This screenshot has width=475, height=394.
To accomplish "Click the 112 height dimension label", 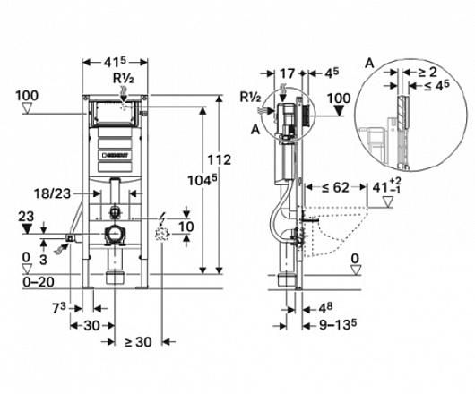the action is [219, 159].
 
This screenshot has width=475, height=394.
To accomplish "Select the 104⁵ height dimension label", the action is [203, 181].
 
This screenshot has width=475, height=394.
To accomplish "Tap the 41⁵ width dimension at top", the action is [115, 62].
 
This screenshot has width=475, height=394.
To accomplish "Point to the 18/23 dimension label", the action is [52, 193].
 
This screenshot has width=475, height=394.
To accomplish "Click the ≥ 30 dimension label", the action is [138, 342].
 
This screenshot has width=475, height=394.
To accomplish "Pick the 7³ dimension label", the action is [59, 308].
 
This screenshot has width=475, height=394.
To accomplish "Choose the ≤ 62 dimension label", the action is [336, 188].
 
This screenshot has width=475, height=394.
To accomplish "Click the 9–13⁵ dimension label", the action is [338, 325].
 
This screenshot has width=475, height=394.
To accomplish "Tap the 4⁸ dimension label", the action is [325, 308].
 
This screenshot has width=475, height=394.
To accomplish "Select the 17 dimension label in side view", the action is [287, 73].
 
